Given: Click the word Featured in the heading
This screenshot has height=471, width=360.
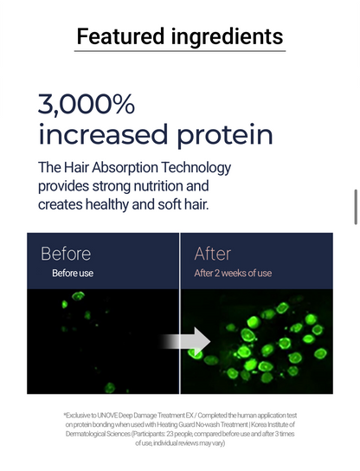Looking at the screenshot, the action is click(x=120, y=36).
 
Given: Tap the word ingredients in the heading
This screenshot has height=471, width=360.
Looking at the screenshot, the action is click(x=228, y=37).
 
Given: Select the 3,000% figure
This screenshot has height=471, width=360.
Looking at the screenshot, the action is click(x=87, y=104).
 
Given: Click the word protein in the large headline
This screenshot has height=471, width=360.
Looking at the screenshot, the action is click(x=225, y=135).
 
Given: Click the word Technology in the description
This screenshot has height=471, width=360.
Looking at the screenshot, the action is click(x=196, y=168).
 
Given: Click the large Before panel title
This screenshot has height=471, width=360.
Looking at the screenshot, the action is click(x=66, y=254).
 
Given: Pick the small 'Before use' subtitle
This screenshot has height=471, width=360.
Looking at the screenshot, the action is click(x=73, y=273).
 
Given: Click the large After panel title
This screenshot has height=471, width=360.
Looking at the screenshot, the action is click(x=213, y=254).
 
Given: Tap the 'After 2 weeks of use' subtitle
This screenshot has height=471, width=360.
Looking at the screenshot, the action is click(x=233, y=273).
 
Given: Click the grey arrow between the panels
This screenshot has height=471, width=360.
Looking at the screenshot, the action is click(x=185, y=341).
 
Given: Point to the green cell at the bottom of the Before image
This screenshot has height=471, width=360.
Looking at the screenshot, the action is click(x=110, y=388).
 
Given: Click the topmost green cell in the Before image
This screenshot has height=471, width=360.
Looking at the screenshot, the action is click(x=78, y=296).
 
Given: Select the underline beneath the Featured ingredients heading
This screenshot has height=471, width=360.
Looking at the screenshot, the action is click(x=180, y=51).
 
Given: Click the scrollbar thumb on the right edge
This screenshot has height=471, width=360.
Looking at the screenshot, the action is click(x=356, y=207).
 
